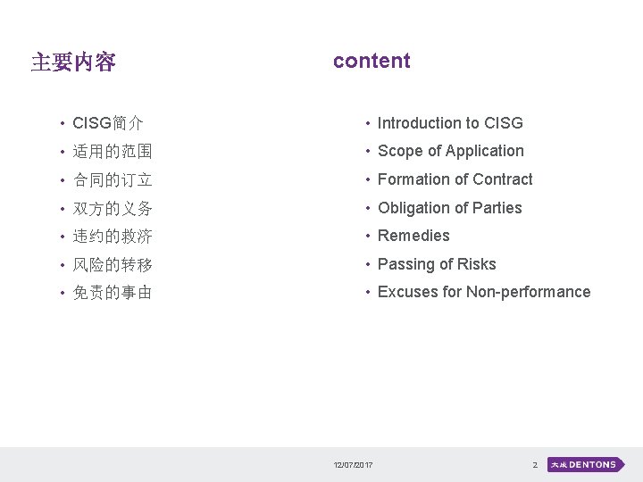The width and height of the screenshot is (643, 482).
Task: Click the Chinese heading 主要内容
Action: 73,62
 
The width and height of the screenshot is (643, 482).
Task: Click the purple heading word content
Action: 372,61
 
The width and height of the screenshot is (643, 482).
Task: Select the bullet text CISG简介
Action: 108,123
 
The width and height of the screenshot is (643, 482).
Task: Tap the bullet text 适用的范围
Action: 113,152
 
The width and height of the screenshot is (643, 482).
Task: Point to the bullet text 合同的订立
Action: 113,180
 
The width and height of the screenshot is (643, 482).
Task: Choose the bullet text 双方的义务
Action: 113,208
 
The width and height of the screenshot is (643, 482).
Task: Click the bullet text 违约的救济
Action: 113,237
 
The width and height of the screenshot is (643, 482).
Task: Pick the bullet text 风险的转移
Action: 113,264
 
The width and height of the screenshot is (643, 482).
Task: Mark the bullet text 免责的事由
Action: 113,292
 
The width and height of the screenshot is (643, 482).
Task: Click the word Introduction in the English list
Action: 418,123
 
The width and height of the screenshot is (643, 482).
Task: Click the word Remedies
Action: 413,236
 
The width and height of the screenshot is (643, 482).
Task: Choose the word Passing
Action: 405,264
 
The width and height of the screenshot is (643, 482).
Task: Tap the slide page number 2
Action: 534,465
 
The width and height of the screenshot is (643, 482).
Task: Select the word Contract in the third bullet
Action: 503,179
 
